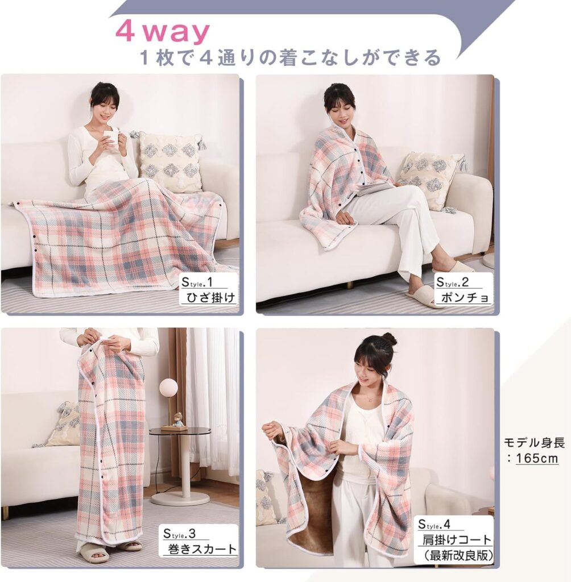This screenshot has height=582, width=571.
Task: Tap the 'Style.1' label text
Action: pyautogui.click(x=197, y=282)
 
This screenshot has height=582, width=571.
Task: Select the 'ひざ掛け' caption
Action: pyautogui.click(x=210, y=298)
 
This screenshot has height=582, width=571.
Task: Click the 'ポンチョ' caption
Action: pyautogui.click(x=465, y=297)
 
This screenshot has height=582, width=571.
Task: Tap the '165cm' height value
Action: pyautogui.click(x=536, y=458)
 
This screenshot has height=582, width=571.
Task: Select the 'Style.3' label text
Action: pyautogui.click(x=179, y=534)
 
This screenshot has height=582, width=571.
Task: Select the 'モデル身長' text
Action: pyautogui.click(x=534, y=442)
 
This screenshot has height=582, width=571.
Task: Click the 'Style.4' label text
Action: pyautogui.click(x=434, y=525)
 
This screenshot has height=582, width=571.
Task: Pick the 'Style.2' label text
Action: pyautogui.click(x=452, y=282)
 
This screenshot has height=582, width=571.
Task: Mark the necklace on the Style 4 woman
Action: pyautogui.click(x=369, y=400)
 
